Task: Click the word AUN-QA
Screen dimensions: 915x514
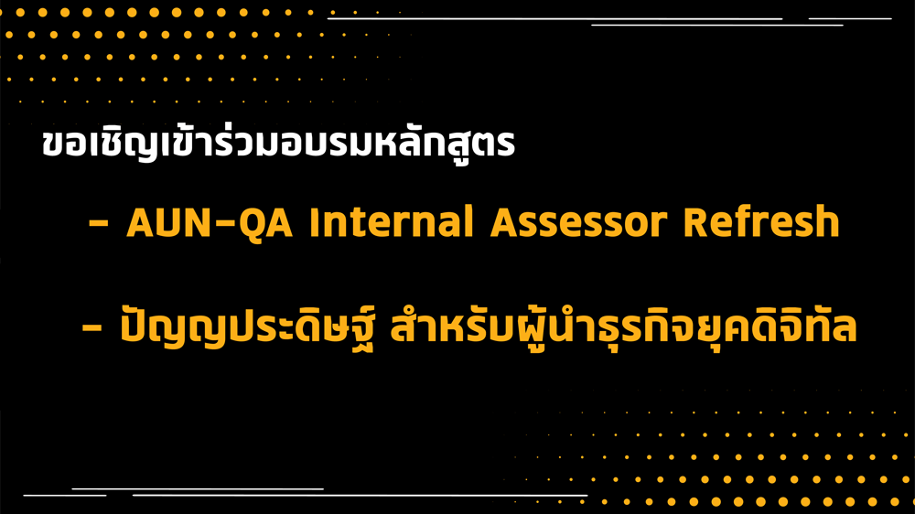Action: click(x=210, y=222)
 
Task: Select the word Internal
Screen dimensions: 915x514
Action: click(x=391, y=221)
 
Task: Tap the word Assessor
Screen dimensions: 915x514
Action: click(x=578, y=222)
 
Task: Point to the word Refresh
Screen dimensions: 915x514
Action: click(x=761, y=221)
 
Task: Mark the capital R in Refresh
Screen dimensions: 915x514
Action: click(x=695, y=222)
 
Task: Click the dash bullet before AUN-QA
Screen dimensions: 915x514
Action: click(x=99, y=223)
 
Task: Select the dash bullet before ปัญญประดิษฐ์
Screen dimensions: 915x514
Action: click(x=92, y=327)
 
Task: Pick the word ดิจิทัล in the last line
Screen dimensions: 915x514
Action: click(x=804, y=323)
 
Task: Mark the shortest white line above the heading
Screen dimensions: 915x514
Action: click(x=850, y=18)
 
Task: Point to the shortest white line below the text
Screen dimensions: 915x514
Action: click(x=65, y=496)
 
